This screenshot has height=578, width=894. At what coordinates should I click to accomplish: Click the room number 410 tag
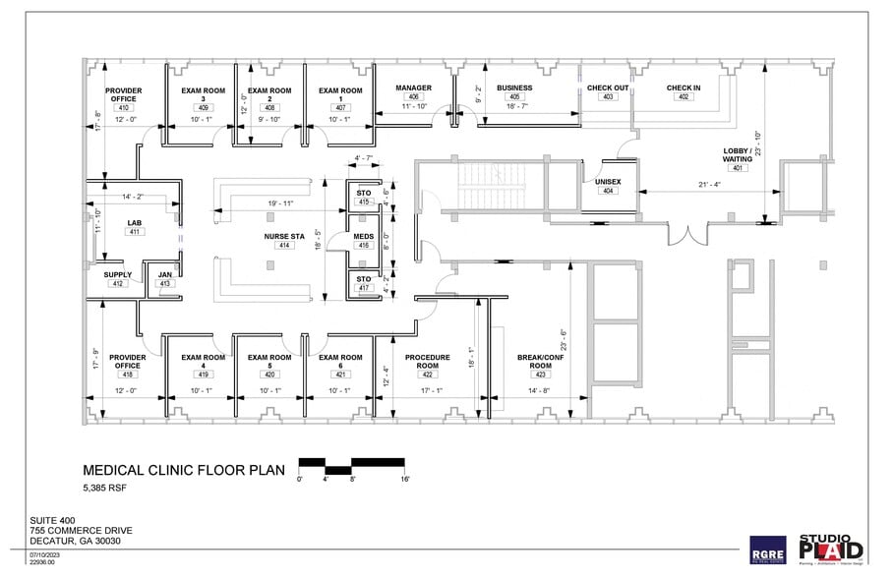[123, 107]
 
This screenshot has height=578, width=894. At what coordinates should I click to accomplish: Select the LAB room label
[135, 223]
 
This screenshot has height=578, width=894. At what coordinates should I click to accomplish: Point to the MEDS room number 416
[364, 246]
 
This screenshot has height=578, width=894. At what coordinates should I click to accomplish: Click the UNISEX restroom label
[607, 182]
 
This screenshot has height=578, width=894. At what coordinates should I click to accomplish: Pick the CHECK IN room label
[684, 87]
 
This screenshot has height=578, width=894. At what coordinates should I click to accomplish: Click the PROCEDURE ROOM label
[427, 361]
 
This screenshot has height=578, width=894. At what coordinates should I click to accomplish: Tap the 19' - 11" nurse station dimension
[279, 203]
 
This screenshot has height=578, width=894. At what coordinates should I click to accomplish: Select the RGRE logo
[767, 549]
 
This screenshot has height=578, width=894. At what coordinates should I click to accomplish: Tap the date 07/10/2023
[46, 555]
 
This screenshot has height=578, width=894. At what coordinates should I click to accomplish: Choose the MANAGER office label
[413, 87]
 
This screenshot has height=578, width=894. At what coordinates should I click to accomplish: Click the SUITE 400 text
[52, 522]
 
